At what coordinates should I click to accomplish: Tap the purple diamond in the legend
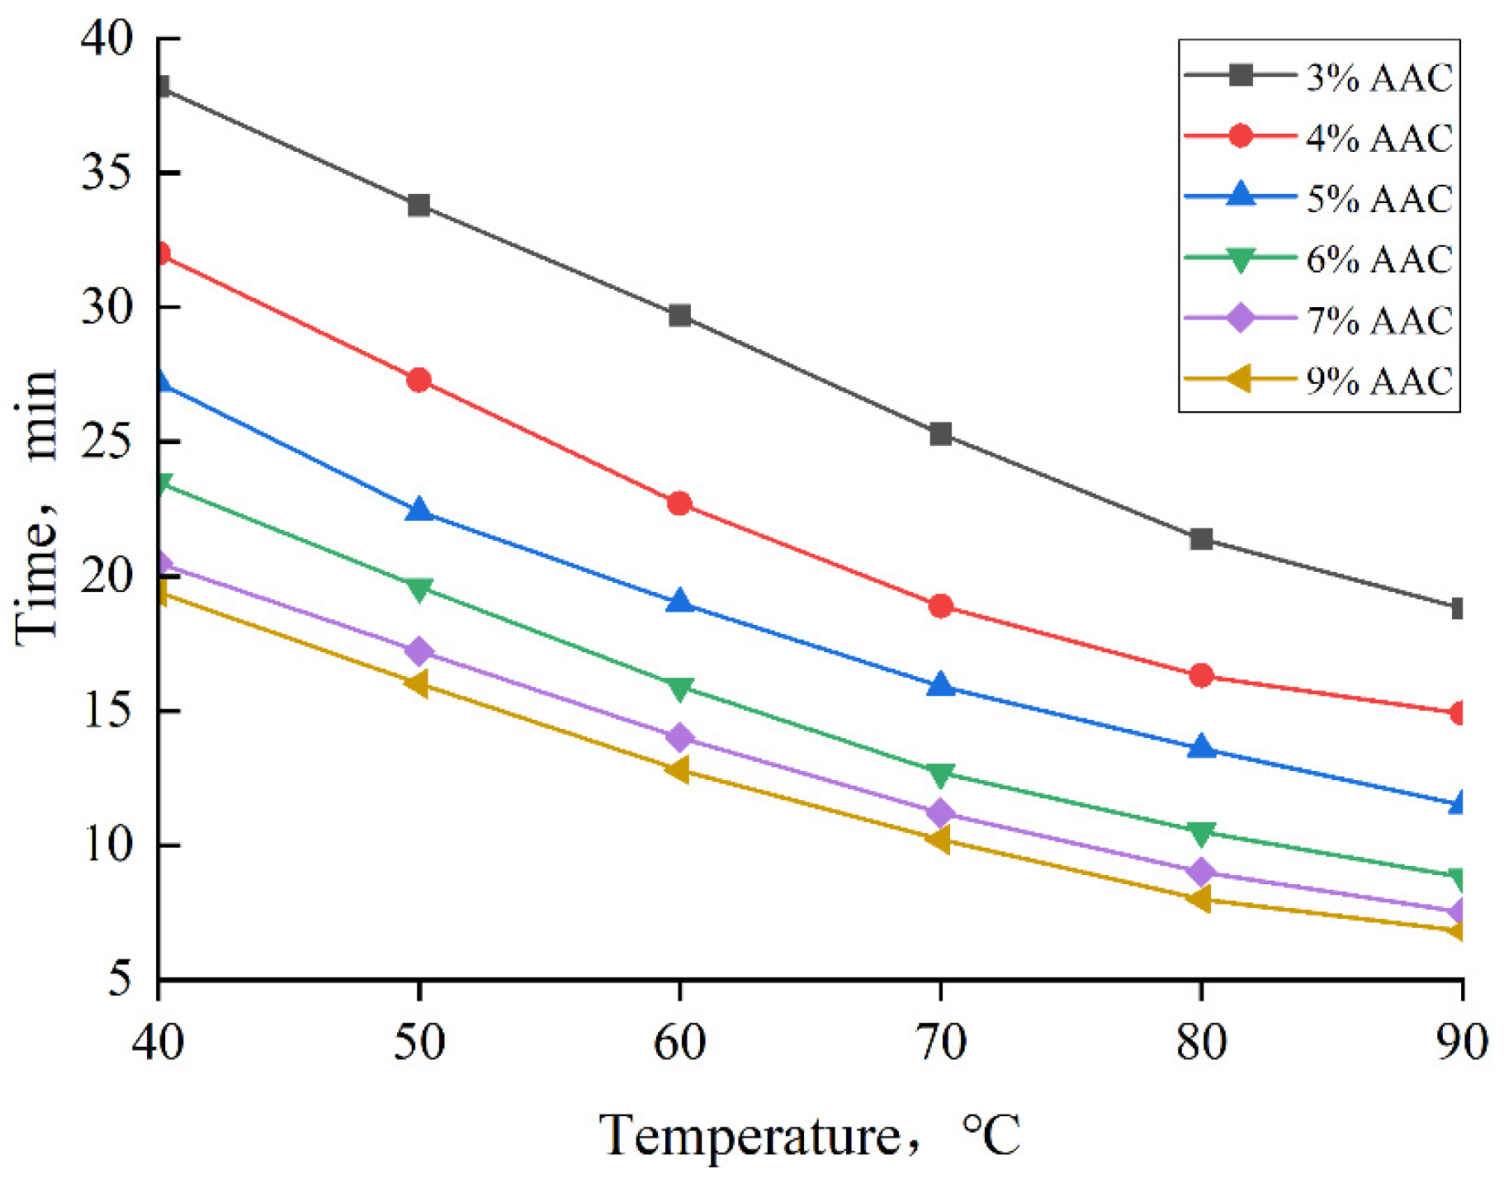[x=1240, y=318]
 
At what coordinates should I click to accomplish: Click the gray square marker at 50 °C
[x=419, y=205]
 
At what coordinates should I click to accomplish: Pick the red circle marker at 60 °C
[x=679, y=504]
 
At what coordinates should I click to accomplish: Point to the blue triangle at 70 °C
[x=940, y=685]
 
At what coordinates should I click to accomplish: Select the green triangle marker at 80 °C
[x=1201, y=834]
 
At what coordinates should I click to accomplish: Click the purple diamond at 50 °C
[x=419, y=651]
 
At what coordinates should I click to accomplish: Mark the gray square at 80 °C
[x=1201, y=539]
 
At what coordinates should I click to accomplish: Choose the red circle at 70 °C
[x=940, y=607]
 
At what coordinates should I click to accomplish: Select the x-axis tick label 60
[x=679, y=1042]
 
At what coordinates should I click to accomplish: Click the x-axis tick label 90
[x=1461, y=1042]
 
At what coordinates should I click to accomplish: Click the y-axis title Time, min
[x=37, y=504]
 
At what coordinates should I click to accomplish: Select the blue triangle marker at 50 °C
[x=419, y=511]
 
